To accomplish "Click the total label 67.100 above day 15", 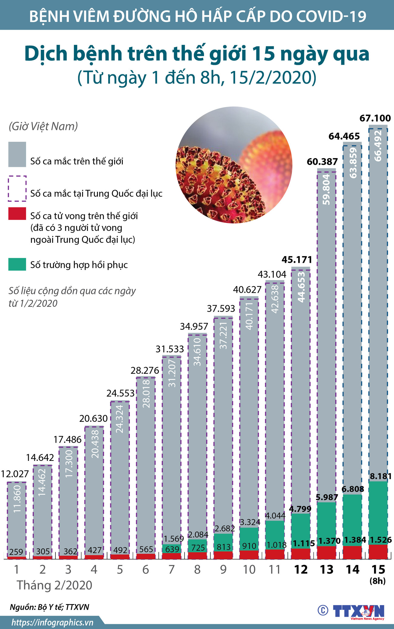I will click(375, 118).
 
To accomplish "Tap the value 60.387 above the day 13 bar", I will click(322, 162).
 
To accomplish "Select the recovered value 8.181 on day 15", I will click(381, 476).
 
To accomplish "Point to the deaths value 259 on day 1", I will click(16, 552).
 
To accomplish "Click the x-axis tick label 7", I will click(172, 570).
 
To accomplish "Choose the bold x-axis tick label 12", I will click(301, 570).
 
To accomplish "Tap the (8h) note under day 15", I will click(378, 581).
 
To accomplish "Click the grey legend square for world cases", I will click(17, 154).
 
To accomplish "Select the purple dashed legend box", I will click(17, 188).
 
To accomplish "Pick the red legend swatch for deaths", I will click(17, 214).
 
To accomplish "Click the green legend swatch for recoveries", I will click(17, 264).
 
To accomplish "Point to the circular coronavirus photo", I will click(234, 165).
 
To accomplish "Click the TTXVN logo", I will click(358, 611).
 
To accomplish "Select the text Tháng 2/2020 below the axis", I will click(55, 585).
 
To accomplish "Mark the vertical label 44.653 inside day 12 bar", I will click(301, 287).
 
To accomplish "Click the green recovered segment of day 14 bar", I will click(352, 520).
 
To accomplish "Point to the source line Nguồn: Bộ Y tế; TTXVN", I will click(49, 607).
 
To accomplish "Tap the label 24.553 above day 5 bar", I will click(120, 393).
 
